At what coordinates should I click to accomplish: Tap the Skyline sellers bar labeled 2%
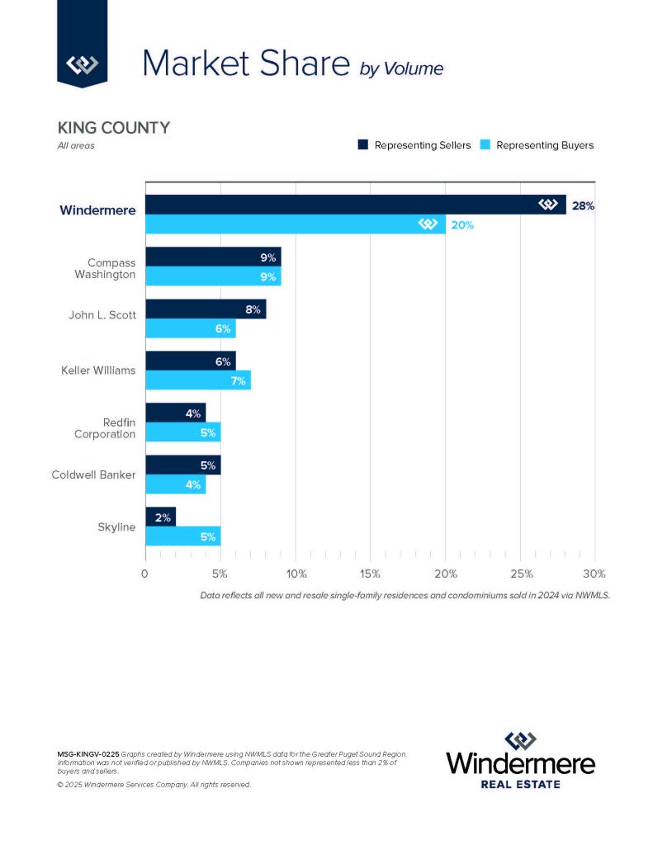(x=160, y=517)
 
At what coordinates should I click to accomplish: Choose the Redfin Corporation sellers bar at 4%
(x=174, y=413)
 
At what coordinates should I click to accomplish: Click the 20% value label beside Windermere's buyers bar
(x=461, y=224)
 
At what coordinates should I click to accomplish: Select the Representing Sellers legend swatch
(x=362, y=145)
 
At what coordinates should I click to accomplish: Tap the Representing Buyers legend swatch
(x=485, y=145)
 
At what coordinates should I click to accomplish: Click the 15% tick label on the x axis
(x=370, y=574)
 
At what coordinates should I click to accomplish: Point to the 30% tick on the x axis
(x=594, y=574)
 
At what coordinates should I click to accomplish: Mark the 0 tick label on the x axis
(x=145, y=574)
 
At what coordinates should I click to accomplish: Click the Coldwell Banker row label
(x=92, y=474)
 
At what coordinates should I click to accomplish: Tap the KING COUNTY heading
(x=113, y=128)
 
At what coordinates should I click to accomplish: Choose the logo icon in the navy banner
(x=82, y=64)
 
